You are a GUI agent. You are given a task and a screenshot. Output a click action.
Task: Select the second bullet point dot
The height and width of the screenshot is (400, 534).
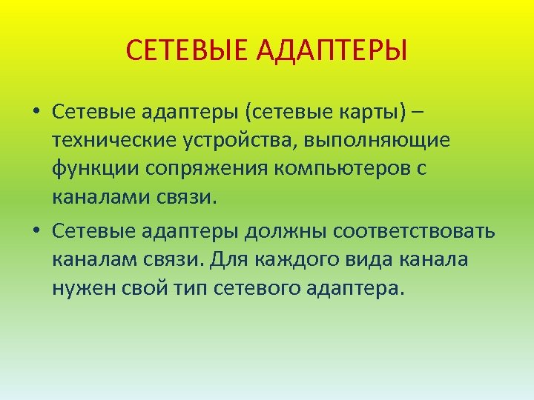click(x=35, y=231)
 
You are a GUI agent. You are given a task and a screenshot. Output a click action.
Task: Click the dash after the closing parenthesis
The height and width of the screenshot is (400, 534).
click(x=419, y=113)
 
